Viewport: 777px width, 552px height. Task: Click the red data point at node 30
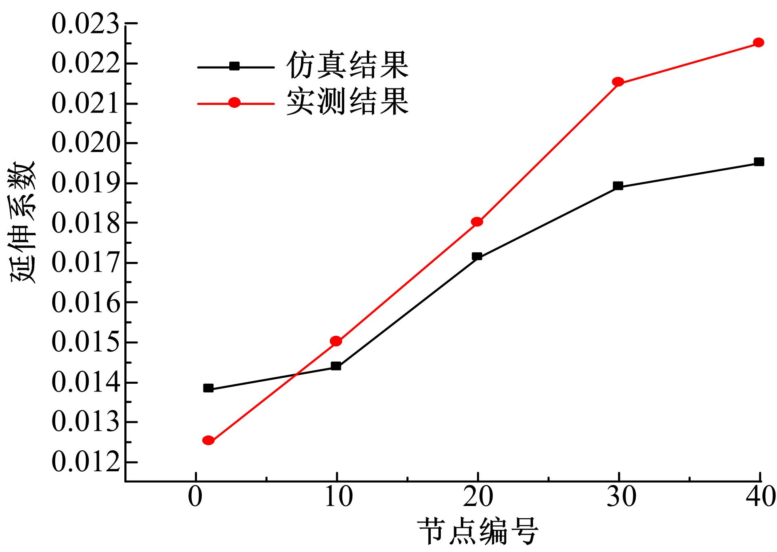click(618, 82)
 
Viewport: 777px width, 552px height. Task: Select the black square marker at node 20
click(477, 256)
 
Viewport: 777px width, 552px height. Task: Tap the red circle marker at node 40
click(758, 42)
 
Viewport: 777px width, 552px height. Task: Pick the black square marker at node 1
click(208, 388)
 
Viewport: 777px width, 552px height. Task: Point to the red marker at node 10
click(336, 341)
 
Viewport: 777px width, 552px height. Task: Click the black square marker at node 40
click(759, 162)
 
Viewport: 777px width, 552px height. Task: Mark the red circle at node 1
click(208, 440)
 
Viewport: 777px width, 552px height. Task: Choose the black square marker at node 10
click(336, 366)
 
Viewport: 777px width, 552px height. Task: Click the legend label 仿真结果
click(347, 65)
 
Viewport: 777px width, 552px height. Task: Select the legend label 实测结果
click(347, 102)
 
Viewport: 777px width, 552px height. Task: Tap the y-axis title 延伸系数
click(23, 223)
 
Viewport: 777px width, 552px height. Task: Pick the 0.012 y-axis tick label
click(86, 462)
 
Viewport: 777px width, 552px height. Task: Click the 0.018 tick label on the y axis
click(86, 224)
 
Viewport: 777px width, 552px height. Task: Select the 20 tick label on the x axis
click(478, 497)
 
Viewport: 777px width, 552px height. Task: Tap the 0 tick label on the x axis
click(196, 497)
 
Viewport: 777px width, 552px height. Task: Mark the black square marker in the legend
click(235, 66)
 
